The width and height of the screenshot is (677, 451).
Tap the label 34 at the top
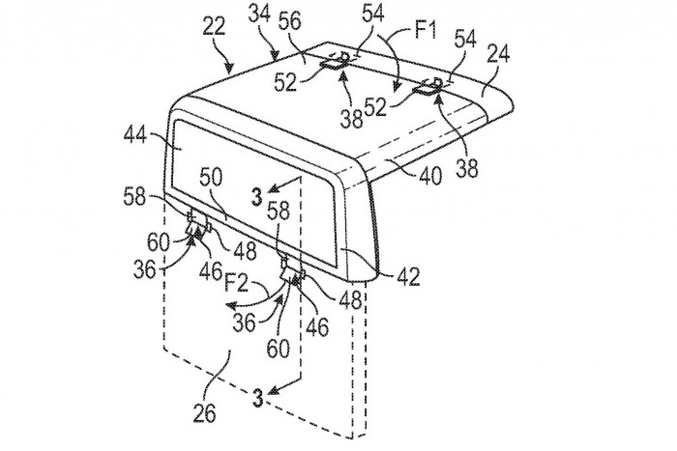pos(259,14)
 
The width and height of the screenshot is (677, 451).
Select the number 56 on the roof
pos(289,20)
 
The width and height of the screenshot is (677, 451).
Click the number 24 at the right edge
pos(498,55)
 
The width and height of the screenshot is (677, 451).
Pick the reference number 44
pos(135,137)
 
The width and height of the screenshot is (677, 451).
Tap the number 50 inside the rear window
pos(211,177)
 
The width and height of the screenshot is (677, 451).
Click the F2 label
pos(236,284)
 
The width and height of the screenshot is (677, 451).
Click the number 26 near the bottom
pos(205,413)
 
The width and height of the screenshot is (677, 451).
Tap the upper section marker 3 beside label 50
pos(257,198)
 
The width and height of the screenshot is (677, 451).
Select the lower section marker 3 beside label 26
pos(258,398)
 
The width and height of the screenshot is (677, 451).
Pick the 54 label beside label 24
pos(464,40)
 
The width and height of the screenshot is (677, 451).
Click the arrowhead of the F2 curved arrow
pos(230,306)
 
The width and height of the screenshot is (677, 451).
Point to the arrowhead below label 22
pos(229,68)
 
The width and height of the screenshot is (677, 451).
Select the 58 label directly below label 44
pos(134,197)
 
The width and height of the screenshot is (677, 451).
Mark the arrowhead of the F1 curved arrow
pos(397,86)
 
